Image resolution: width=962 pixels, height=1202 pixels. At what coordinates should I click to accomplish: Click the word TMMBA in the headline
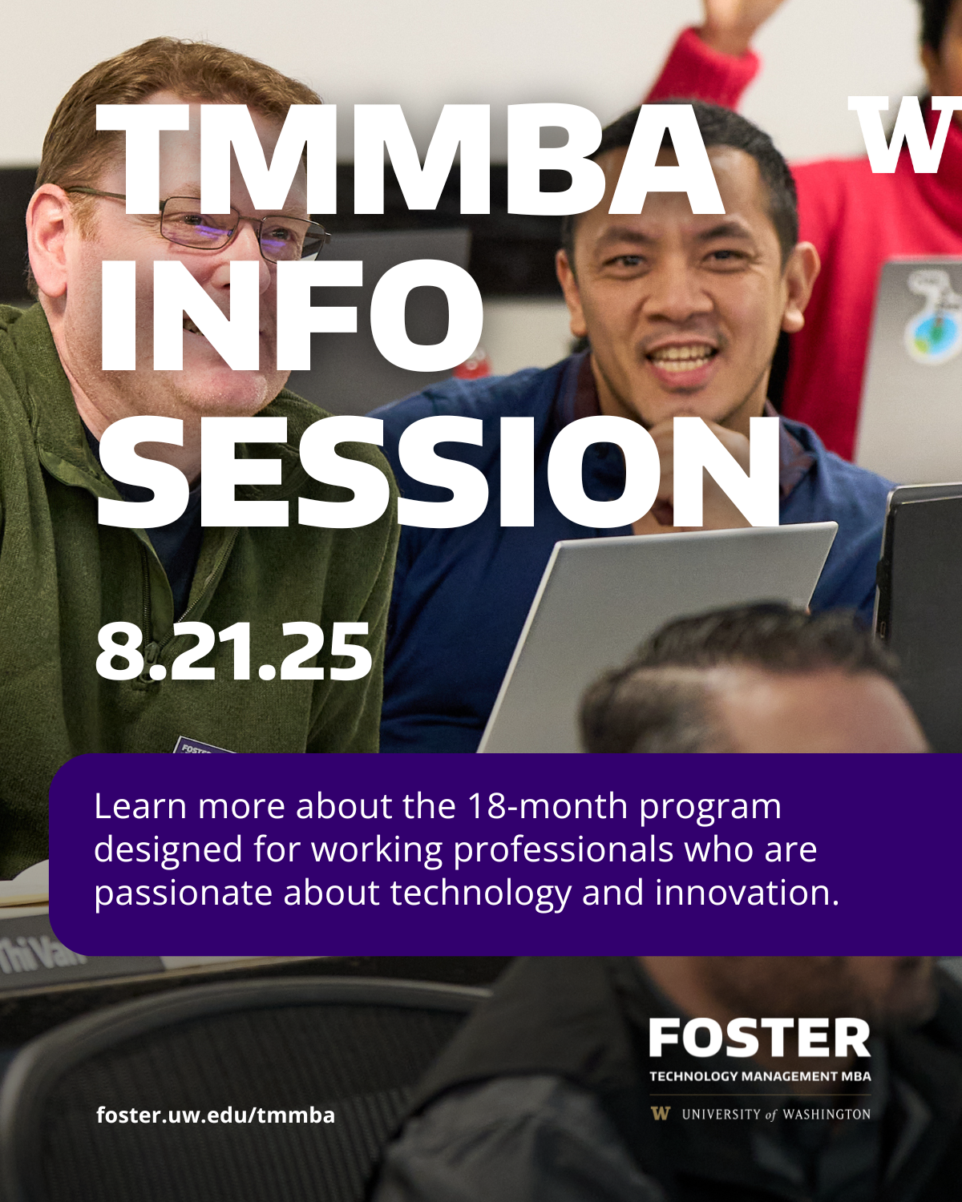409,159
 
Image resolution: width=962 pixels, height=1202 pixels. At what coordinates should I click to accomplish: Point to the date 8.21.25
233,651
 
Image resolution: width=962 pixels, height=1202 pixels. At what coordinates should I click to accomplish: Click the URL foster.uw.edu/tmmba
216,1115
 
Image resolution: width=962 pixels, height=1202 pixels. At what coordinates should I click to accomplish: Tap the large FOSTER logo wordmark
760,1037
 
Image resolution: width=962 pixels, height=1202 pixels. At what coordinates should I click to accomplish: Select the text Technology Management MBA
760,1075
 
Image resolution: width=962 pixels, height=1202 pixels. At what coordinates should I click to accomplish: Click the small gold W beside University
660,1114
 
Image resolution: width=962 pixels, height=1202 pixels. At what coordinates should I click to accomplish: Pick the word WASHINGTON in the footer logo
827,1115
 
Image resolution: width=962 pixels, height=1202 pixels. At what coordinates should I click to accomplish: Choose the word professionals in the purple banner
563,850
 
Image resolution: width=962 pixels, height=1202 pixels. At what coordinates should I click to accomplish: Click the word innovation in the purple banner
747,892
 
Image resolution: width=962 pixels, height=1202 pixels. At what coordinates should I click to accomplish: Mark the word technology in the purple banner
481,893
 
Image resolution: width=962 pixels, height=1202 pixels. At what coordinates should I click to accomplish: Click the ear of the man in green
47,240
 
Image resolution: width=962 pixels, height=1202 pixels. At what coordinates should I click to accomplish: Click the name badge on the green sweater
201,745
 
